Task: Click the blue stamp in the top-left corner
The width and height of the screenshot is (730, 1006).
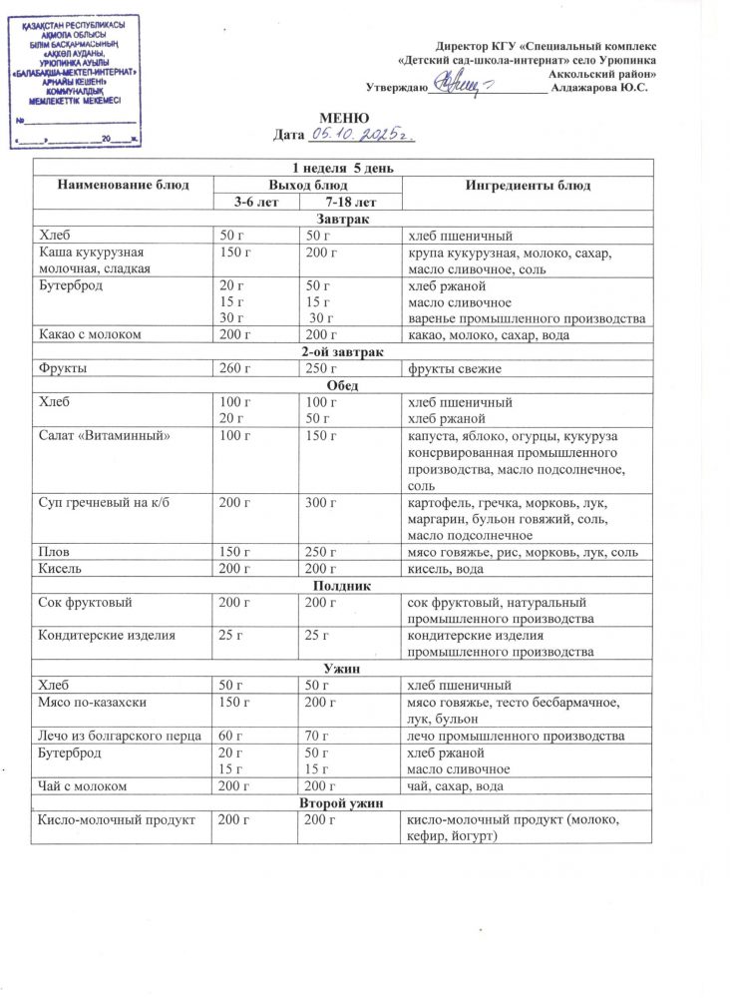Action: (76, 80)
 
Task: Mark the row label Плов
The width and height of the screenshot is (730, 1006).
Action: (54, 552)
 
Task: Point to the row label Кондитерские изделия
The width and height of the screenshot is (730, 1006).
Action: (109, 635)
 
